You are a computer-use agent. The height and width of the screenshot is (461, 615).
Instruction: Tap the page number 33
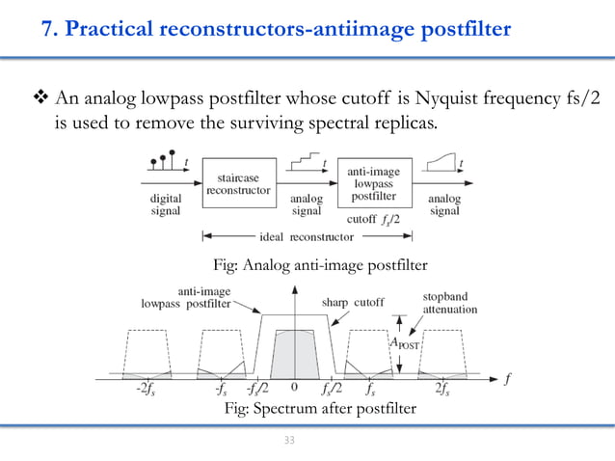(288, 442)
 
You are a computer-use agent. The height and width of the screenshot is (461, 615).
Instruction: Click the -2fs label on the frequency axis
(147, 391)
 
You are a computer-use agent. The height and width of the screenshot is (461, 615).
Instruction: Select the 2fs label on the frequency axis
(444, 391)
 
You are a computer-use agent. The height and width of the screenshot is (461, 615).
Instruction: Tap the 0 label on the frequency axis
(294, 390)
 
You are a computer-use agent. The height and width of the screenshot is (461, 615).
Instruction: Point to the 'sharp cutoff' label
(352, 301)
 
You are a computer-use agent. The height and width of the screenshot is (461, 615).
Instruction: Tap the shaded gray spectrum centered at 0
(294, 352)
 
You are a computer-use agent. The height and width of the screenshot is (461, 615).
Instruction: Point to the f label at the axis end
(507, 378)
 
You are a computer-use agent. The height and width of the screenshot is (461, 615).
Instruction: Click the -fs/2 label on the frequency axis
(257, 391)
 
